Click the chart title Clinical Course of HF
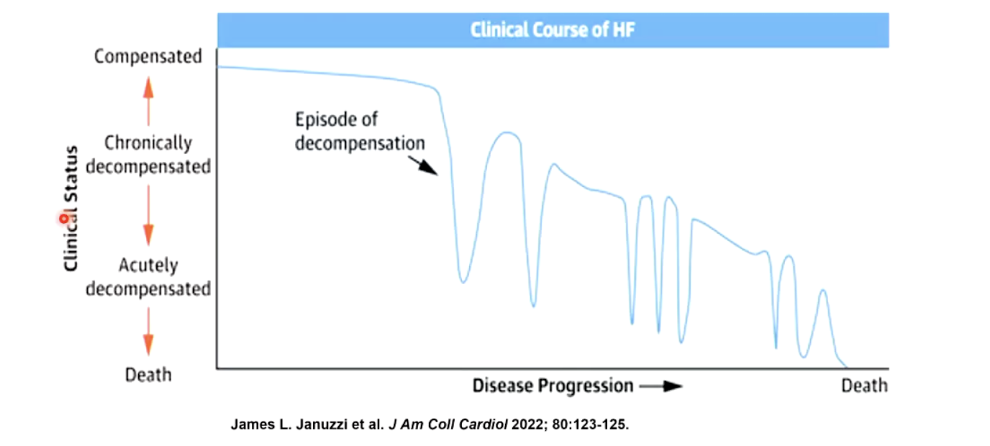[553, 31]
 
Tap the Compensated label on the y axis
[148, 57]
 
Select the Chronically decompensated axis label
[148, 155]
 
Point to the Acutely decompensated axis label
[148, 277]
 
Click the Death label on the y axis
[148, 375]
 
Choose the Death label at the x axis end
[864, 386]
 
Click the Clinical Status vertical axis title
[71, 209]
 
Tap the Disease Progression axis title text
[553, 386]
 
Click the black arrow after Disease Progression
[660, 386]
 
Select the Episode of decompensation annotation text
[359, 131]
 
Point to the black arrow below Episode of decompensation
[427, 167]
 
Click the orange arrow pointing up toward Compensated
[148, 101]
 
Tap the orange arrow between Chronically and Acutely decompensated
[148, 214]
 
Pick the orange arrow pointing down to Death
[148, 332]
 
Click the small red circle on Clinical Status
[64, 217]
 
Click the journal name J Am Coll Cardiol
[448, 424]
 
